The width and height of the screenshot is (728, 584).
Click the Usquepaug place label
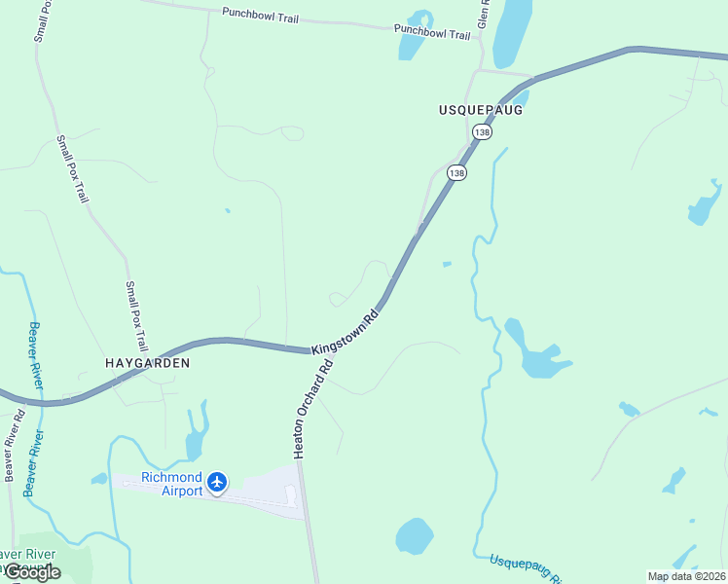tap(481, 110)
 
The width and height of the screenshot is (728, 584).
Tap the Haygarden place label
tap(147, 362)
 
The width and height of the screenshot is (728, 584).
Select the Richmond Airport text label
tap(171, 484)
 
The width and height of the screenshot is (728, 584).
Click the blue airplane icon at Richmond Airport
tap(216, 482)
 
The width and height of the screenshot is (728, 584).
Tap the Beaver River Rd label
tap(13, 446)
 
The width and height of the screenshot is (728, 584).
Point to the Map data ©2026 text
tap(685, 575)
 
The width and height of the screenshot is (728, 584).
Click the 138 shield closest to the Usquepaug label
tap(481, 131)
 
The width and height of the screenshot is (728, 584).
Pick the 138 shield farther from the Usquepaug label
tap(456, 172)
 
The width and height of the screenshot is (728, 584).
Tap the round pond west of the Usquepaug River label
tap(414, 535)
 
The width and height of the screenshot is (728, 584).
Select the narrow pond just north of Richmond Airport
tap(197, 433)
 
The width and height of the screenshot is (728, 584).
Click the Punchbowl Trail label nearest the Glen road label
tap(432, 31)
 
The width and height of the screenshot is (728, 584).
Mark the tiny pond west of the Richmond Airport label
tap(98, 479)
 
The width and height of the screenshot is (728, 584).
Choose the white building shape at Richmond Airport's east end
tap(290, 495)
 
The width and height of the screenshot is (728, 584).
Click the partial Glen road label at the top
tap(482, 14)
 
